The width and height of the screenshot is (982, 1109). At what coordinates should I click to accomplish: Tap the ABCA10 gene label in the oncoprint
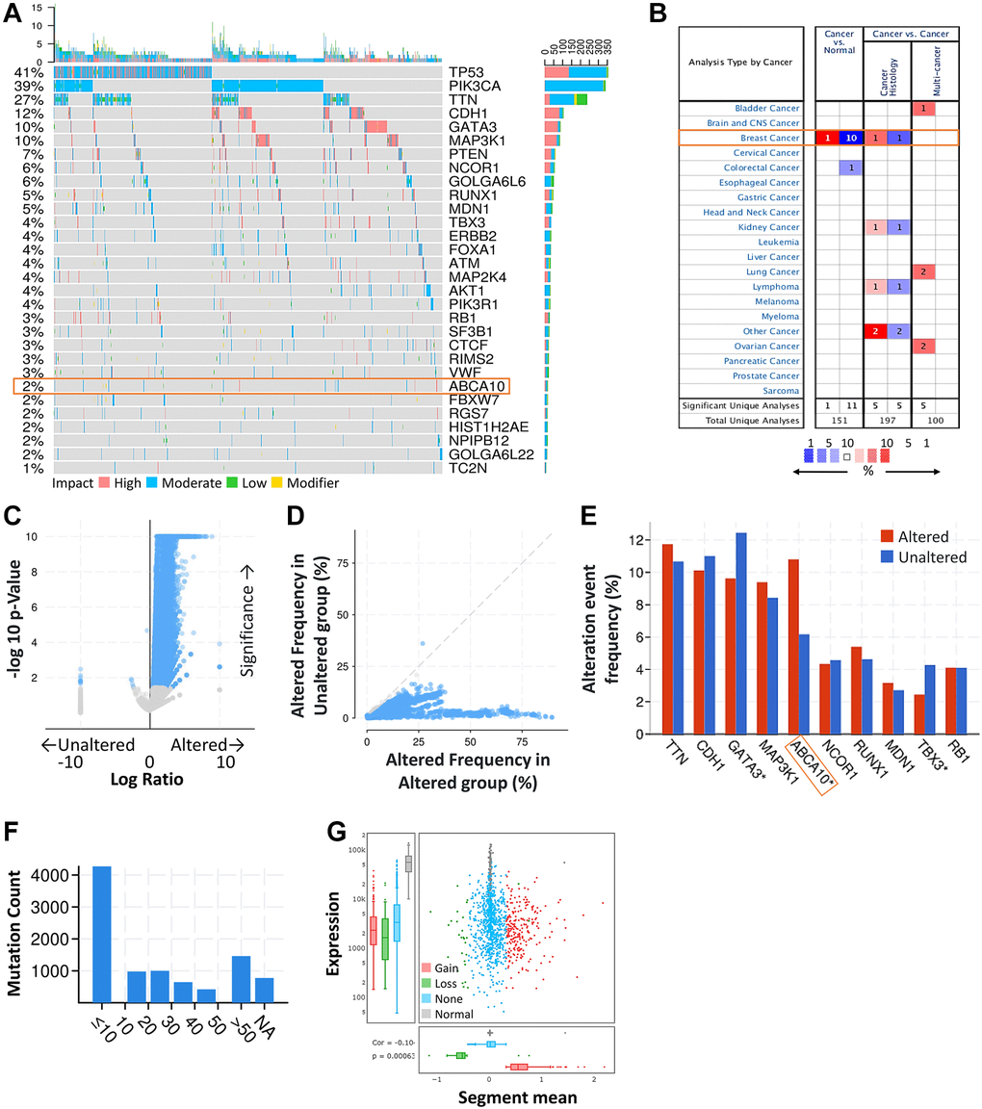[472, 386]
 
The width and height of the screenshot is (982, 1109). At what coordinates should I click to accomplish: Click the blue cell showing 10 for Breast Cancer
[850, 139]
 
